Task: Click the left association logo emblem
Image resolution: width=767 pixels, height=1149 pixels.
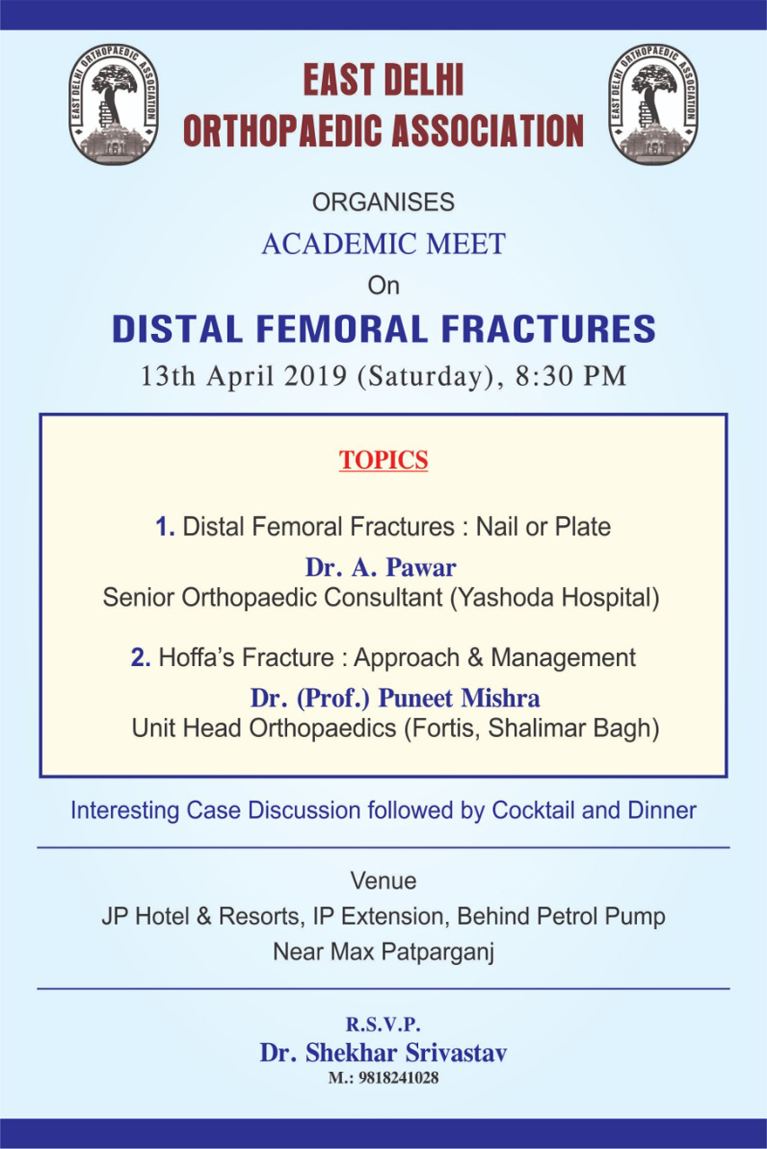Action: pyautogui.click(x=113, y=104)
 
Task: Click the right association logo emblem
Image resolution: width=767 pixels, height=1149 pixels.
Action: pyautogui.click(x=654, y=104)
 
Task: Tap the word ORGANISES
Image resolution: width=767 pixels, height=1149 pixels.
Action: pyautogui.click(x=384, y=202)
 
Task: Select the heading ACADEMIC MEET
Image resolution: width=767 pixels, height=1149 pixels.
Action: pyautogui.click(x=384, y=243)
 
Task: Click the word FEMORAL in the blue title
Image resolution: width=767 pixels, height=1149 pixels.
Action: pyautogui.click(x=342, y=329)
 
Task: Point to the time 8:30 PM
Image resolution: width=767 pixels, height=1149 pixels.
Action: pyautogui.click(x=571, y=376)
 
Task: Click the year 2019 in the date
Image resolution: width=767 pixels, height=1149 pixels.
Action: pyautogui.click(x=316, y=376)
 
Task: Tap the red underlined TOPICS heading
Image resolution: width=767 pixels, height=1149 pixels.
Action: pyautogui.click(x=384, y=460)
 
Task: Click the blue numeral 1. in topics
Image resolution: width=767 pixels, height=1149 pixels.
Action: pyautogui.click(x=165, y=527)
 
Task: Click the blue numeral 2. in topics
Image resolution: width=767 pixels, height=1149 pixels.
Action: pyautogui.click(x=141, y=658)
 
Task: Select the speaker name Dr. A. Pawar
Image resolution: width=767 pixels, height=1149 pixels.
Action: pyautogui.click(x=381, y=567)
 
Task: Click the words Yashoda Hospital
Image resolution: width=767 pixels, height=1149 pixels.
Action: pyautogui.click(x=554, y=598)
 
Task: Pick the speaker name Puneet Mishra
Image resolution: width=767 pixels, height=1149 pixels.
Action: pyautogui.click(x=459, y=698)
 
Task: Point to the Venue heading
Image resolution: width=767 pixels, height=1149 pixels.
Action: pyautogui.click(x=384, y=881)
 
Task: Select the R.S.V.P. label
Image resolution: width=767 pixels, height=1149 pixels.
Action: pyautogui.click(x=384, y=1024)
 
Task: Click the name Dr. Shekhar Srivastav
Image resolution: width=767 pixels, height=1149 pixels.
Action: pyautogui.click(x=384, y=1053)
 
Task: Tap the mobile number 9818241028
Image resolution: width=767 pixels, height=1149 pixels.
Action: pyautogui.click(x=399, y=1078)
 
